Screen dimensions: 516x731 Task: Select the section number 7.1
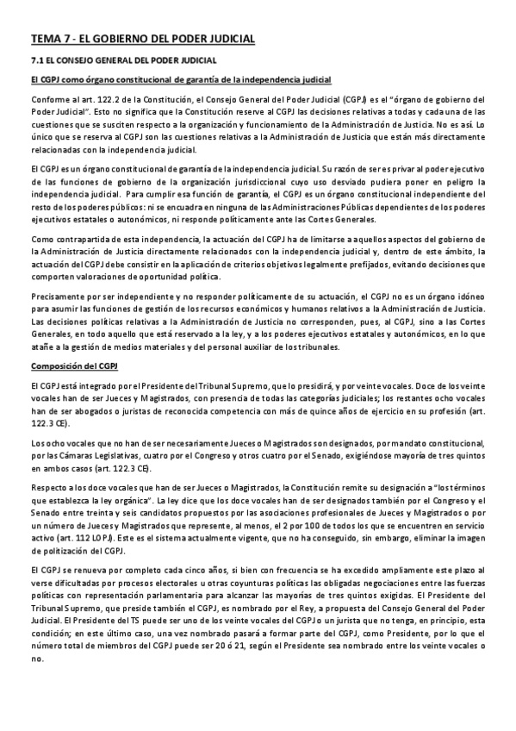tap(37, 61)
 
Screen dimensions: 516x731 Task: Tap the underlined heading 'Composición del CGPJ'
tap(67, 366)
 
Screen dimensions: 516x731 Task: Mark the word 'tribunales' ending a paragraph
tap(318, 347)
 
